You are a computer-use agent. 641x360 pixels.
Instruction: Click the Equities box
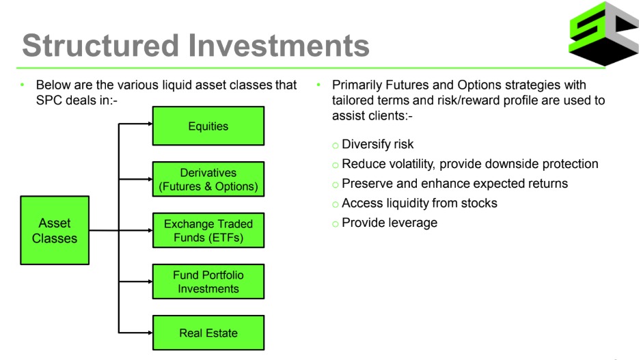(208, 126)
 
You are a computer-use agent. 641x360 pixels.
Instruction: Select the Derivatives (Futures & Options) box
(208, 179)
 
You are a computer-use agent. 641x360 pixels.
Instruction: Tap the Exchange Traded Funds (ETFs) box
(208, 230)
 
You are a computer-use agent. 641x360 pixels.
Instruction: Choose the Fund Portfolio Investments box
(208, 281)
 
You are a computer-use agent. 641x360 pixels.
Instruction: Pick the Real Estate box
(208, 333)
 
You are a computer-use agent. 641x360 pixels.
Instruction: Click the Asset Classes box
(55, 230)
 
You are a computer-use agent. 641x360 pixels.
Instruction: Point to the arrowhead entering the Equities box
(150, 124)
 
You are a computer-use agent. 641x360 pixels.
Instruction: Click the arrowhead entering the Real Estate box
(150, 333)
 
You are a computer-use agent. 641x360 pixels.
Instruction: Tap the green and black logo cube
(604, 33)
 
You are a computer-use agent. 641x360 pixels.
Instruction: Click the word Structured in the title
(100, 45)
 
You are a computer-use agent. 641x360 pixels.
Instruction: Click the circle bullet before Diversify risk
(336, 145)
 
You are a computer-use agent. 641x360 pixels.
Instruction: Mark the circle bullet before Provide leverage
(336, 223)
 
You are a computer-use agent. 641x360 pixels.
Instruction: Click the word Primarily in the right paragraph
(357, 85)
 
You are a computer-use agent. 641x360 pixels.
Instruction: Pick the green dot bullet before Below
(23, 85)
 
